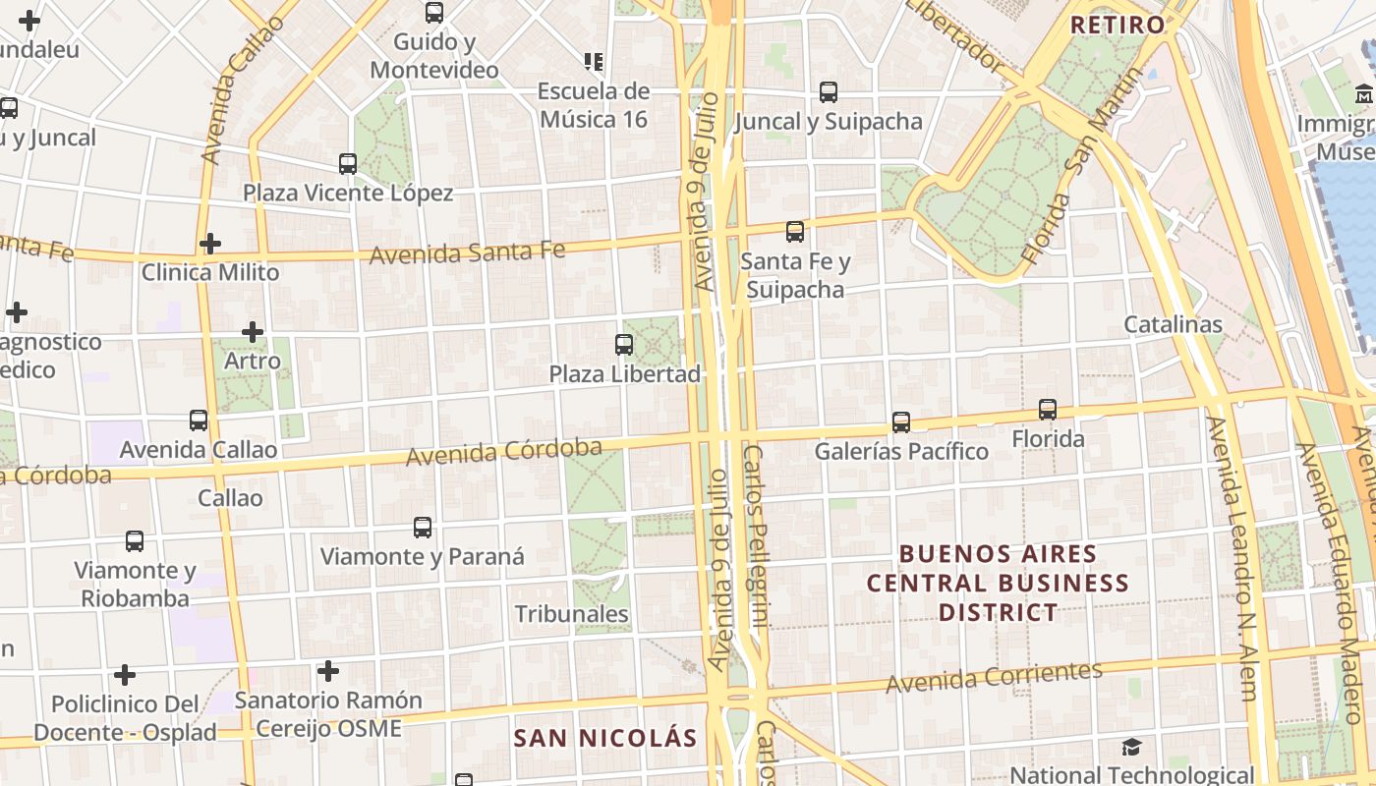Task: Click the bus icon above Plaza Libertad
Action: [x=623, y=345]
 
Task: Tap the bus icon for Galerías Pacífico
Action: [x=900, y=422]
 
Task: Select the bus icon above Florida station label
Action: [x=1048, y=410]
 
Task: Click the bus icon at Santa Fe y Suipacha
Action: [x=794, y=232]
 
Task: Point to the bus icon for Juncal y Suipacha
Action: [x=829, y=92]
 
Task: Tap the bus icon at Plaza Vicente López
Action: [x=347, y=163]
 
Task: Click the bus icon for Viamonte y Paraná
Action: [x=423, y=528]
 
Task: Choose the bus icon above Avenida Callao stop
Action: [x=199, y=421]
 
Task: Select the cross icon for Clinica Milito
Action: [x=209, y=244]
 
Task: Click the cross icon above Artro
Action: [x=253, y=332]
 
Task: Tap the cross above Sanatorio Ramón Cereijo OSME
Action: [x=328, y=671]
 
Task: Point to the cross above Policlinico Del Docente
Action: [x=124, y=675]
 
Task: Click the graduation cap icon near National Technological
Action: [x=1131, y=748]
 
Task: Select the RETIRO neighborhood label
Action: [x=1118, y=25]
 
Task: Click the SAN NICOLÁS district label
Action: [x=604, y=738]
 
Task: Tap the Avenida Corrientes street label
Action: [x=994, y=677]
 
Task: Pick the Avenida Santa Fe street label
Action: [x=467, y=253]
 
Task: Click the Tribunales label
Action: [x=571, y=614]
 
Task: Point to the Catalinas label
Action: [x=1173, y=324]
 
